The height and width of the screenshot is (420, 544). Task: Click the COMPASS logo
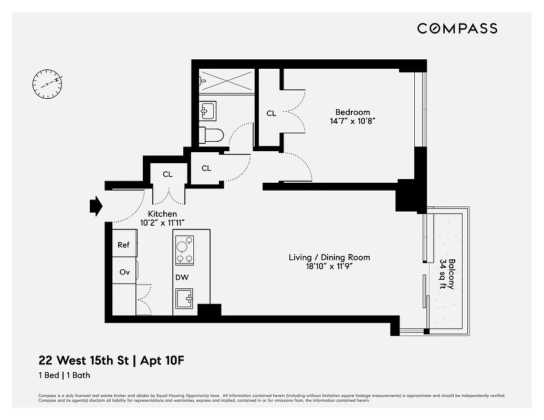click(x=457, y=28)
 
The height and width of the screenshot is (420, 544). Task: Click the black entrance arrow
click(x=96, y=206)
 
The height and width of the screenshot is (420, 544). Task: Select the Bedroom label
click(x=352, y=112)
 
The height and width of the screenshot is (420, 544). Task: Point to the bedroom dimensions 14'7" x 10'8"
click(x=352, y=121)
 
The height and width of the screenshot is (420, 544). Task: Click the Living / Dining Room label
click(x=329, y=257)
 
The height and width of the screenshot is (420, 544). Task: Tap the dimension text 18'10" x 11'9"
click(x=329, y=266)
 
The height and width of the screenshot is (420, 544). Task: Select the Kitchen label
click(x=162, y=214)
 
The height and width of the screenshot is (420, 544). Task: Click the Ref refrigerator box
click(x=124, y=245)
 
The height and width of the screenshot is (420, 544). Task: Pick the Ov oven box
click(x=124, y=272)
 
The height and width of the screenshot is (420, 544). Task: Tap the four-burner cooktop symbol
click(x=184, y=250)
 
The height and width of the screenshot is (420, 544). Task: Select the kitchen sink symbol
click(x=184, y=299)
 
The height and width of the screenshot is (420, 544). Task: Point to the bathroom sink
click(x=207, y=111)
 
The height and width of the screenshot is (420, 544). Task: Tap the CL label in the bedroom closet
click(x=271, y=113)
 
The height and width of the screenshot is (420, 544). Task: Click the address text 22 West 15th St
click(x=81, y=361)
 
